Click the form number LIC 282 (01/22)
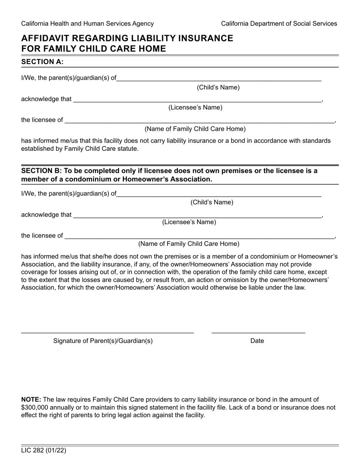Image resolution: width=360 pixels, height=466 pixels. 44,451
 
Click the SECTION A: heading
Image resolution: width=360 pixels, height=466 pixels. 42,62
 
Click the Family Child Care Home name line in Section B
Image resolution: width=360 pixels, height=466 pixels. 200,236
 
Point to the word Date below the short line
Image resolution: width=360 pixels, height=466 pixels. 257,341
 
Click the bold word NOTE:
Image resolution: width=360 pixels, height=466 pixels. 31,399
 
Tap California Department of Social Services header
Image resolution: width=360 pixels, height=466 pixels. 279,23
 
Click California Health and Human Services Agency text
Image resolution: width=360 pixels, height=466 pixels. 88,23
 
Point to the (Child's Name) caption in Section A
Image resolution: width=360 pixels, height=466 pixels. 218,88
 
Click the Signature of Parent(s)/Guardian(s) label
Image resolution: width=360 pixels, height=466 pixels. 103,341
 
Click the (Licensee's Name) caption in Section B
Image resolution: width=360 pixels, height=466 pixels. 189,222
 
